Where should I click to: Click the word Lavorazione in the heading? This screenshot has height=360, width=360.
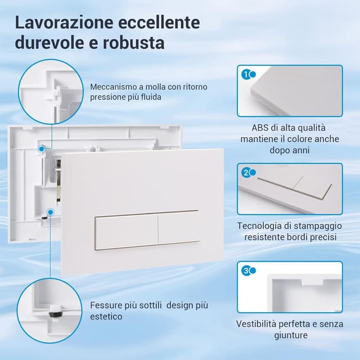pyautogui.click(x=64, y=22)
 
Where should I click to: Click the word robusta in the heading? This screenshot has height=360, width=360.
pyautogui.click(x=133, y=43)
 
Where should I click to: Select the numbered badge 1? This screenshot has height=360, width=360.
pyautogui.click(x=246, y=75)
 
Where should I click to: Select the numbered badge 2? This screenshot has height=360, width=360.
pyautogui.click(x=246, y=173)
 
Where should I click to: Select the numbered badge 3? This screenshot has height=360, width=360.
pyautogui.click(x=246, y=271)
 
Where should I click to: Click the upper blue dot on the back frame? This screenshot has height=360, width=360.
pyautogui.click(x=42, y=149)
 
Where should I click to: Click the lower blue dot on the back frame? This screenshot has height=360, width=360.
pyautogui.click(x=51, y=212)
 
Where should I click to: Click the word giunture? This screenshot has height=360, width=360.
pyautogui.click(x=291, y=335)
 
